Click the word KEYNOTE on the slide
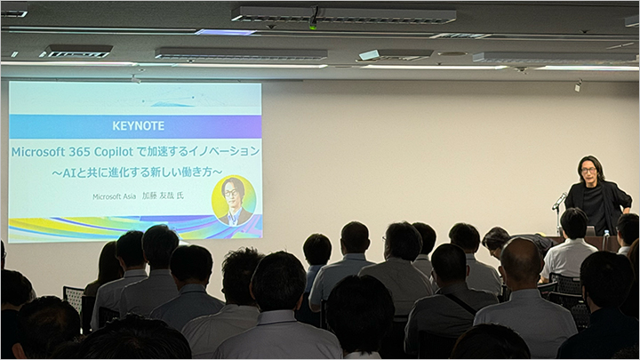pos(139,125)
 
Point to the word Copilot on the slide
pos(114,152)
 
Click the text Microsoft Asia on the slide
pos(115,196)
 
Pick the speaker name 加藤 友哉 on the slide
pos(158,196)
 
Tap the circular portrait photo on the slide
pos(234,201)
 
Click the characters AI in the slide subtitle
pos(68,172)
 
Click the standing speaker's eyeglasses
pos(588,170)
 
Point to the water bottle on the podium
pos(605,238)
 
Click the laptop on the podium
pos(590,231)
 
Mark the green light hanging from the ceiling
pos(313,28)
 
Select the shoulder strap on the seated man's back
pos(460,304)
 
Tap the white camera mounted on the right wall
pos(578,86)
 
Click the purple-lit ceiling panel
pos(225,32)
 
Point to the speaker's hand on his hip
pos(624,211)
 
